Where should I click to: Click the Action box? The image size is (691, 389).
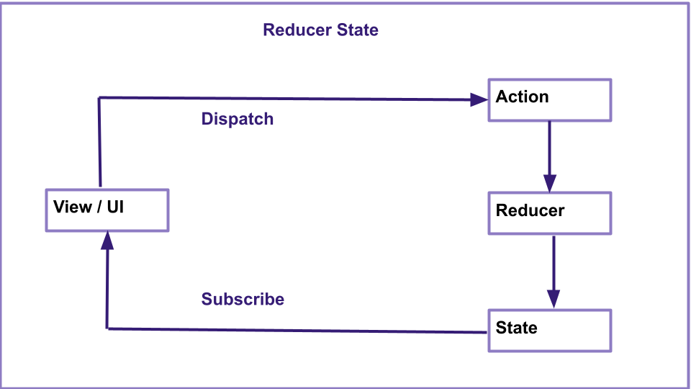click(550, 100)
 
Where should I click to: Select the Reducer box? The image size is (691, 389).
click(550, 213)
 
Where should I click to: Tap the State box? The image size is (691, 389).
click(550, 331)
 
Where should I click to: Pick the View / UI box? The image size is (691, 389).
click(107, 210)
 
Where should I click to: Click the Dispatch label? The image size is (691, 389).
click(238, 119)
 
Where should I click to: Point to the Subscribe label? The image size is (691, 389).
click(243, 299)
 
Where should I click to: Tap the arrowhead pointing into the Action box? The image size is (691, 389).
click(479, 99)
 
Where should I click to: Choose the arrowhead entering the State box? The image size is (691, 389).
click(553, 299)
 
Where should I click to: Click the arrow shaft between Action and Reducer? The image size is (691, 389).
click(549, 148)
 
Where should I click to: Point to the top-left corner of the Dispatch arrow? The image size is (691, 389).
click(99, 97)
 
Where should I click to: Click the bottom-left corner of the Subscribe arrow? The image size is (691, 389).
click(107, 328)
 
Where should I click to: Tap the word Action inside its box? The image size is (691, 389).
click(522, 97)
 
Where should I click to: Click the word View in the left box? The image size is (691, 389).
click(72, 207)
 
